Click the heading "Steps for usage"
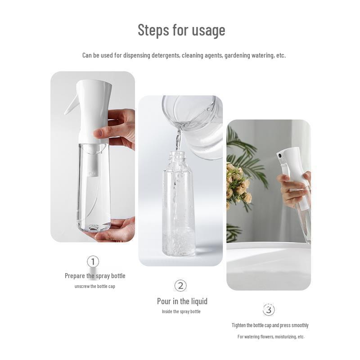point(181,31)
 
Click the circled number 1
point(93,261)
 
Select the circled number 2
point(180,286)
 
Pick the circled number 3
point(269,310)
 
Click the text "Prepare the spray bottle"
point(95,276)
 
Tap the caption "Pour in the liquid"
point(182,301)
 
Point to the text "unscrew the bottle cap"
point(95,287)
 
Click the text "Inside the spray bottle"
point(181,311)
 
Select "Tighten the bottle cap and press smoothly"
point(270,325)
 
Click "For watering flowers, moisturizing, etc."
point(271,337)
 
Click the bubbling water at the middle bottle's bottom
point(179,243)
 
